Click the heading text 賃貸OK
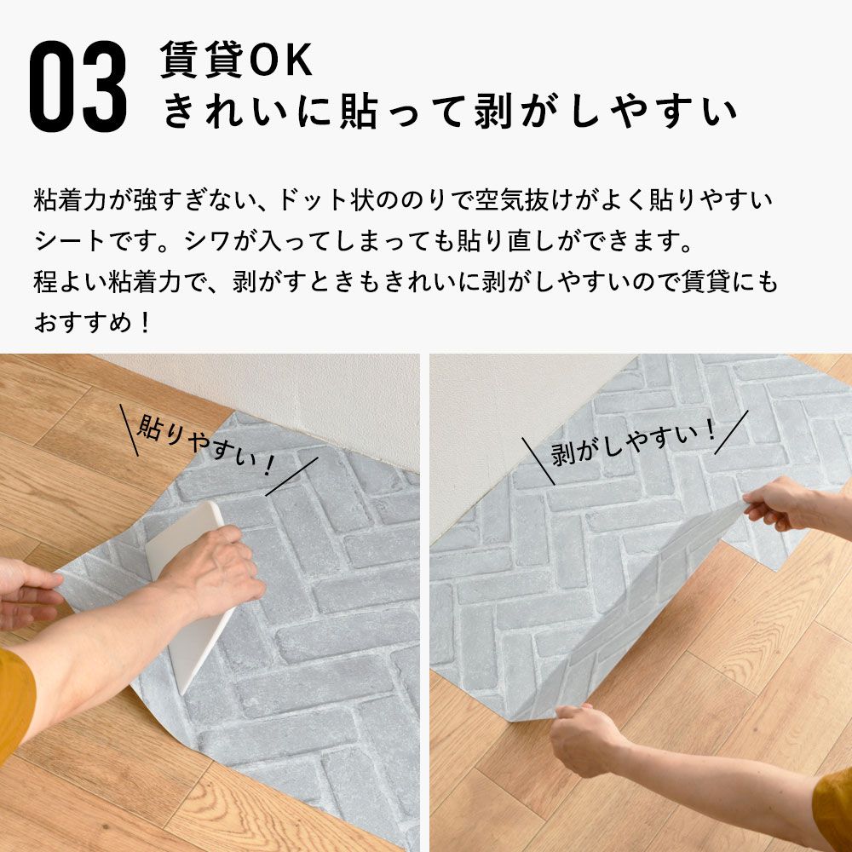pos(237,61)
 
